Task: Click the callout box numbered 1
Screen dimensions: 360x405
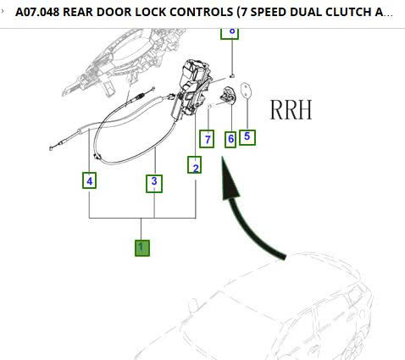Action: (142, 247)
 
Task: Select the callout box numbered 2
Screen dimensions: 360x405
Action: (196, 166)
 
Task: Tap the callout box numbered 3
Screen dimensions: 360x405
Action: (153, 180)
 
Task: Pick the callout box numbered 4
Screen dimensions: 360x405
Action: (89, 180)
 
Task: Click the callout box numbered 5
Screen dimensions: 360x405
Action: (247, 136)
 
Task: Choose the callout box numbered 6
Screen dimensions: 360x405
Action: (230, 138)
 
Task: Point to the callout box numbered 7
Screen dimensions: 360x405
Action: (206, 138)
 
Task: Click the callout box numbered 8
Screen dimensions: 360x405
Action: (230, 31)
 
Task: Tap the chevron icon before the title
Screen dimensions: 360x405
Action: (4, 12)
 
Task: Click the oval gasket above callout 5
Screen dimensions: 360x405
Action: (246, 91)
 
